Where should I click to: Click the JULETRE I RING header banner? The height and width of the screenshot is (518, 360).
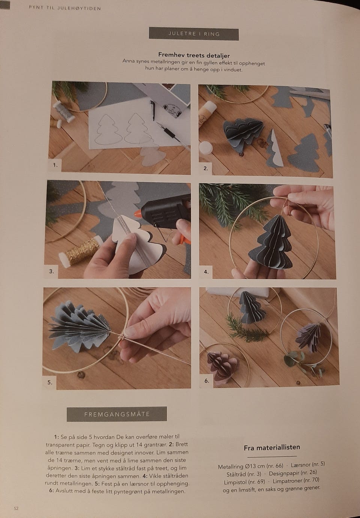(x=194, y=34)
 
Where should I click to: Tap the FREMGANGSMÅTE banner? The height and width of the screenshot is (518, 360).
(x=117, y=414)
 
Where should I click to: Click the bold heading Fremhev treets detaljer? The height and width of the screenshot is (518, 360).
(x=194, y=56)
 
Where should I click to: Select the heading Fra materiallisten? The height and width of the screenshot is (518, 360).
(x=272, y=447)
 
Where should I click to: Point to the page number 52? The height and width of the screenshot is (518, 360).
(x=16, y=508)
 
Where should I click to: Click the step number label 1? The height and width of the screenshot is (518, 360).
(x=55, y=165)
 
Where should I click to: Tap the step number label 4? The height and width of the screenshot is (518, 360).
(x=206, y=272)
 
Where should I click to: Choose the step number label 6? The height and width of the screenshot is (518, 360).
(x=207, y=381)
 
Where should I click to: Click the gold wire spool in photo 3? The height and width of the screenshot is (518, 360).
(x=81, y=252)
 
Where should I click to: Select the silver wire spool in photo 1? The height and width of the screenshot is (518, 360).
(x=64, y=111)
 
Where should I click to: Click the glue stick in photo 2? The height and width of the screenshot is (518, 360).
(x=207, y=113)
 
